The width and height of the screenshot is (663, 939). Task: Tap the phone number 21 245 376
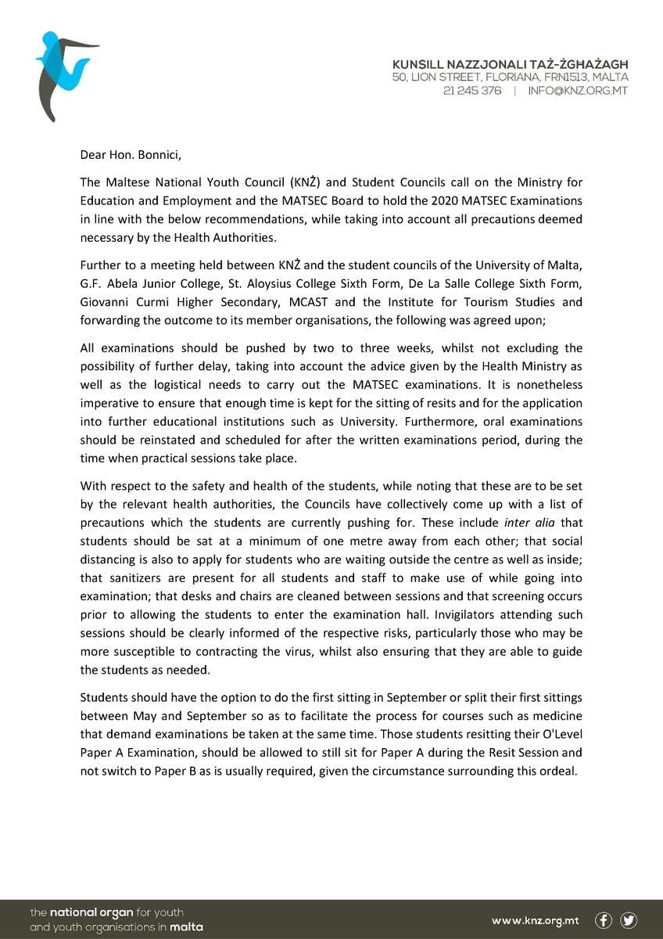click(472, 91)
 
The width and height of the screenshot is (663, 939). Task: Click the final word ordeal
click(559, 770)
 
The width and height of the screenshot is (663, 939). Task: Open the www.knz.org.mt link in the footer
click(536, 920)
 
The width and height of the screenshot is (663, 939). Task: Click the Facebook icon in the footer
click(604, 920)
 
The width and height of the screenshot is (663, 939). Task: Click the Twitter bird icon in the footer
click(629, 920)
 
